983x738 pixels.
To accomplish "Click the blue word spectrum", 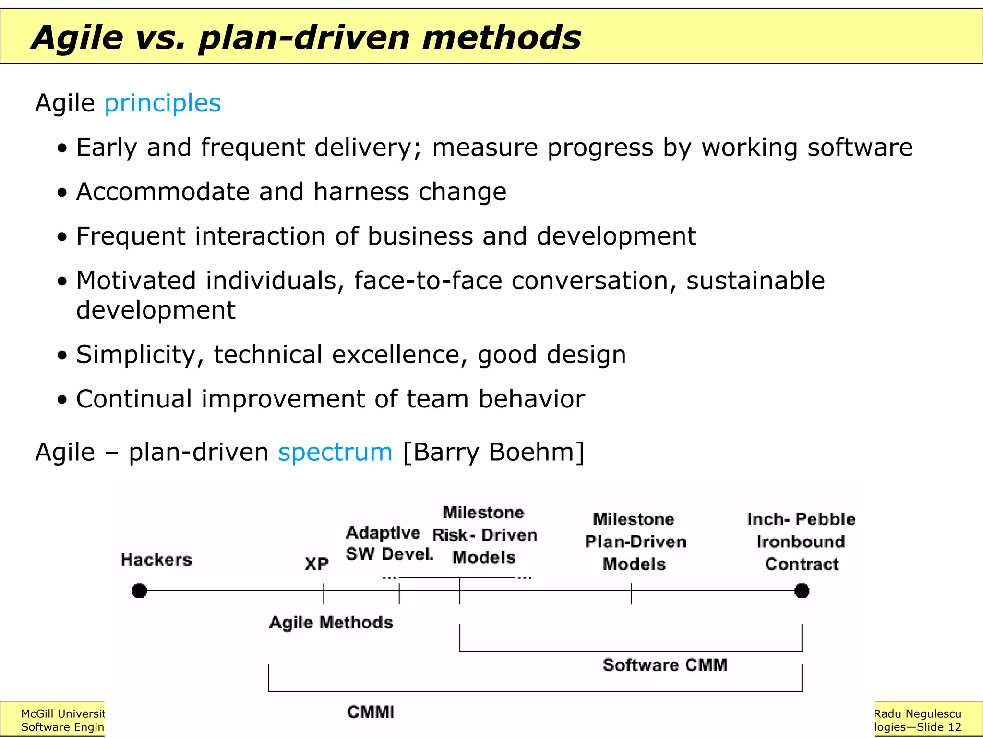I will [335, 453].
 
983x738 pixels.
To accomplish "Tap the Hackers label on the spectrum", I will [156, 560].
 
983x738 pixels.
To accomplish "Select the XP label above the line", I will [317, 564].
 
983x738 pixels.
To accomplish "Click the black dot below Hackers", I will [139, 590].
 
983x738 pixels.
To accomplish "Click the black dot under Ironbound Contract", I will [802, 590].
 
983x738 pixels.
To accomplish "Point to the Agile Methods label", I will [331, 623].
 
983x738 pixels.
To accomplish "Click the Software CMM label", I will [665, 665].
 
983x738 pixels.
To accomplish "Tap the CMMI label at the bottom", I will [371, 712].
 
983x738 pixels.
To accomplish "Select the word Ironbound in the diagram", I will [801, 542].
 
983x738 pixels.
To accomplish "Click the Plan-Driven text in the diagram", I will [635, 542].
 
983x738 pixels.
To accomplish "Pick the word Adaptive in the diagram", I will [383, 533].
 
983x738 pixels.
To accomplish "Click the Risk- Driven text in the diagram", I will [484, 535].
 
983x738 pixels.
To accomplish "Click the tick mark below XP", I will [324, 594].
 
